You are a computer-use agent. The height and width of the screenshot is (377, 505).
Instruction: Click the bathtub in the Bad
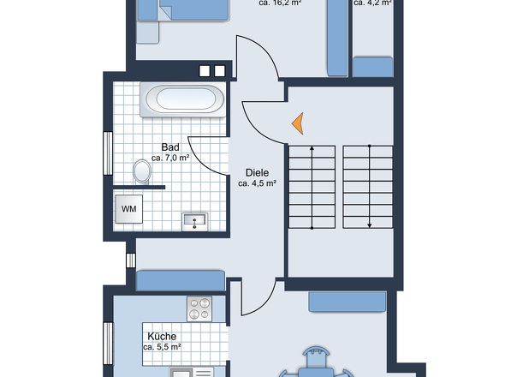[x=183, y=99]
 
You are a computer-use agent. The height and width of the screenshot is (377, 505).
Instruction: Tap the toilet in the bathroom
[x=142, y=171]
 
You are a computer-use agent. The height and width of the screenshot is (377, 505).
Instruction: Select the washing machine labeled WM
[x=129, y=209]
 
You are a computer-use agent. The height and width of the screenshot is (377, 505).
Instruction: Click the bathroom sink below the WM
[x=195, y=222]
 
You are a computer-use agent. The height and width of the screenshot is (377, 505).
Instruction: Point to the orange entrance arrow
[x=298, y=123]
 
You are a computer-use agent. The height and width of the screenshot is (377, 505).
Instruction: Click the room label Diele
[x=257, y=172]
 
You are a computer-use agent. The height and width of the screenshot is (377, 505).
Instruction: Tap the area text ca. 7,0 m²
[x=170, y=158]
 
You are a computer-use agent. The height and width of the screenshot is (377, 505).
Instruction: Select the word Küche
[x=162, y=337]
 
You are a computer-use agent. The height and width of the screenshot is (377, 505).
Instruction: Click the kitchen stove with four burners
[x=199, y=309]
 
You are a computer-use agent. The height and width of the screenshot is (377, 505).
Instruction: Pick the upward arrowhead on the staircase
[x=312, y=148]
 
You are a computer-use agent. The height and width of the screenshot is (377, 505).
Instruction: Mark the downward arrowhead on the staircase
[x=370, y=225]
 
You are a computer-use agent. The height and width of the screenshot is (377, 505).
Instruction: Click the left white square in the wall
[x=205, y=71]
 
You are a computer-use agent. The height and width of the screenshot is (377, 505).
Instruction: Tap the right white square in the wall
[x=220, y=71]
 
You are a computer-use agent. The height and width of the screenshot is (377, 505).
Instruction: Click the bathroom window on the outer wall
[x=108, y=153]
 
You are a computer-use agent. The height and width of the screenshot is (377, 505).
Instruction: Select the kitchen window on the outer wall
[x=108, y=344]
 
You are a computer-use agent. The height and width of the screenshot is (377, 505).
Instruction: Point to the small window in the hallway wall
[x=131, y=260]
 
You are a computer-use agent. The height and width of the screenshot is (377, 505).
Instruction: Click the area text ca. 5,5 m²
[x=162, y=347]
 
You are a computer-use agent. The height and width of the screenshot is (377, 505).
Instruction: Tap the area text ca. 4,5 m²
[x=258, y=183]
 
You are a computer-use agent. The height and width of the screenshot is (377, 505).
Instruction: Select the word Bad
[x=170, y=147]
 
